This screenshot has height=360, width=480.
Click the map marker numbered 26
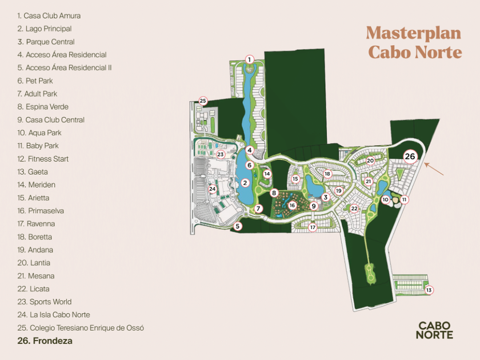[410, 156]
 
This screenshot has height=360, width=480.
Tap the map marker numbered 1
[249, 59]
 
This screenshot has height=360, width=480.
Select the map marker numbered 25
[203, 101]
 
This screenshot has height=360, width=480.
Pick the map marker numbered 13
[429, 290]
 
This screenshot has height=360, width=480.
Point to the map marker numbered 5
[238, 226]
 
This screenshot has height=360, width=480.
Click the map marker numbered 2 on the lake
[245, 183]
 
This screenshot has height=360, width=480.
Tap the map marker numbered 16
[292, 205]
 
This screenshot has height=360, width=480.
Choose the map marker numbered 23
[221, 154]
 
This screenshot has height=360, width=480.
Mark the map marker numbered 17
[313, 227]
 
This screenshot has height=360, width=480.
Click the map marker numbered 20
[370, 161]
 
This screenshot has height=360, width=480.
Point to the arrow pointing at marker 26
[435, 169]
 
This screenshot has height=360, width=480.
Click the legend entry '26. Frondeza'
[45, 341]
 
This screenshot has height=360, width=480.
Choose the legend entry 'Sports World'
[44, 302]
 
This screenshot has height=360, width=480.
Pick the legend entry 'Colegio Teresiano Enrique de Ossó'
[81, 328]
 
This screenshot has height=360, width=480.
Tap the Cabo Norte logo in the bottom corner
[435, 330]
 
